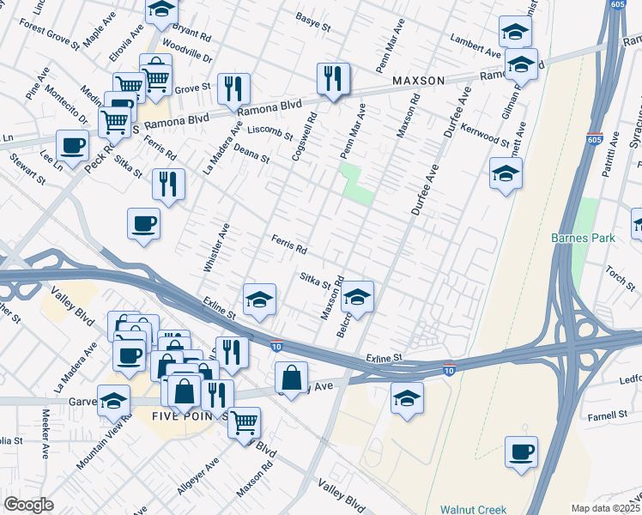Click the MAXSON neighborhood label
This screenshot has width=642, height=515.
[419, 81]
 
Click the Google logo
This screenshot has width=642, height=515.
[28, 505]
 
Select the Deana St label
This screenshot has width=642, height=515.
[252, 154]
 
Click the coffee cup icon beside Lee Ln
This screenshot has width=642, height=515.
[73, 145]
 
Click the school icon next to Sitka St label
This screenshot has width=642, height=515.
[357, 297]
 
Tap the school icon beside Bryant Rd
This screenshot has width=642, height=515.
[160, 11]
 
